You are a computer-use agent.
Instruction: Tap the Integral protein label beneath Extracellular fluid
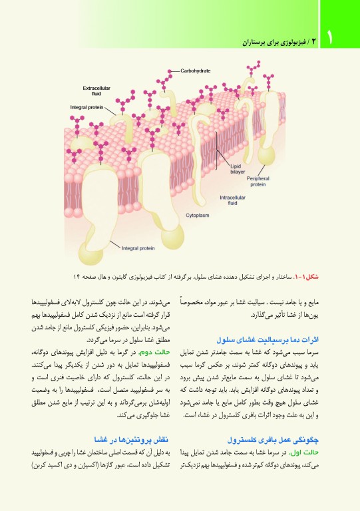click(87, 106)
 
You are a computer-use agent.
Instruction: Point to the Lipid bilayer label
click(238, 168)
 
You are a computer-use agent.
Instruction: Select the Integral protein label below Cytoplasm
click(138, 248)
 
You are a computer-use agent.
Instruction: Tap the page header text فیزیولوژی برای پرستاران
click(275, 41)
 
